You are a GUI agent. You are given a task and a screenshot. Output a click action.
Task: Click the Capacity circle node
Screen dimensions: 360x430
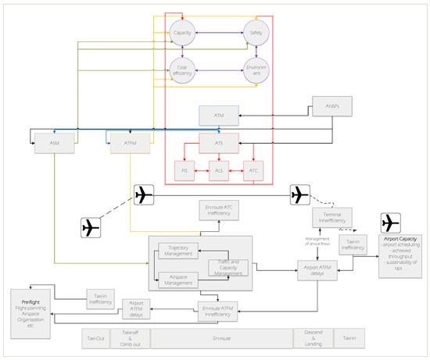(x=182, y=34)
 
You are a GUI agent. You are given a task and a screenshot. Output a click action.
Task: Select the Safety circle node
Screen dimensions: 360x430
(x=255, y=34)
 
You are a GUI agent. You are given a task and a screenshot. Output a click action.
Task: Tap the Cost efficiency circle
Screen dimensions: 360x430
(x=182, y=70)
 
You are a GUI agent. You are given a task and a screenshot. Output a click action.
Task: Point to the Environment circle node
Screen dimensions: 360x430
(x=255, y=70)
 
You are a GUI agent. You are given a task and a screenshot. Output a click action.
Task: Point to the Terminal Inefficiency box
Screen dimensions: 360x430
(x=330, y=218)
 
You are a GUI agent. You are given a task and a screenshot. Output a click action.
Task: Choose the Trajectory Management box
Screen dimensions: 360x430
(x=180, y=250)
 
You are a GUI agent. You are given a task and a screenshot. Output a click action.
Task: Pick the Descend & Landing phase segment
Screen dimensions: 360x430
(x=310, y=338)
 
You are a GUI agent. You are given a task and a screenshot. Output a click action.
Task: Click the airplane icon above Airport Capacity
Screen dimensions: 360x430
(x=391, y=222)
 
